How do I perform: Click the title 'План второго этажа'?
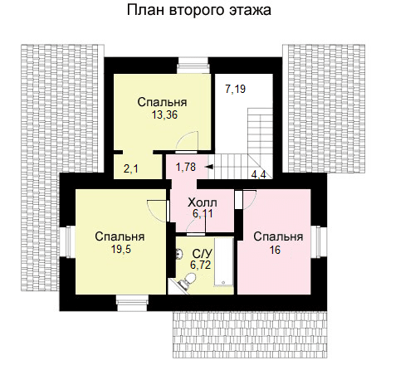coord(199,11)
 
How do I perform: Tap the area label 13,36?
coord(164,114)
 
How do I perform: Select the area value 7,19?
coord(236,89)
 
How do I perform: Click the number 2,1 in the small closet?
coord(131,168)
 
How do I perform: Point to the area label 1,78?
coord(186,167)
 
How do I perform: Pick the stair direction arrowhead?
coord(208,167)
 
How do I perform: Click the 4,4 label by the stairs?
coord(258,174)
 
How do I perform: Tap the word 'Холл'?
coord(203,202)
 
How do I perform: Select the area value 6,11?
coord(203,213)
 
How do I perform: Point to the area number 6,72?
coord(201,265)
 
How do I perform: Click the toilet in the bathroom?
coord(188,280)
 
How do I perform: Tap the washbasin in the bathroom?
coord(179,253)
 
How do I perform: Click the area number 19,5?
coord(121,250)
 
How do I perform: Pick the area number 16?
coord(275,250)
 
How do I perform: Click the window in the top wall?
coord(193,66)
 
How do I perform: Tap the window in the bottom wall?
coord(132,303)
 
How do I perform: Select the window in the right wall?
coord(319,242)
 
